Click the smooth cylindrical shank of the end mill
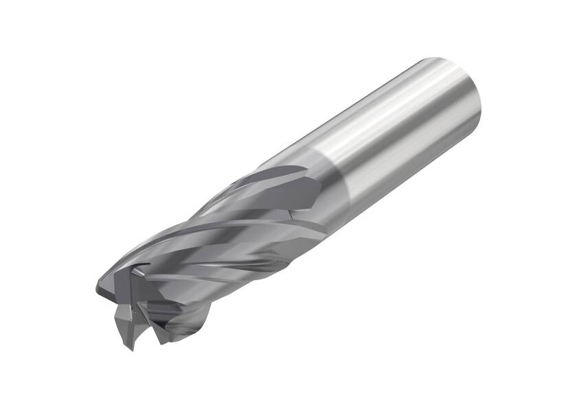(x=398, y=137)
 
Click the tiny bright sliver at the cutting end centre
(x=138, y=273)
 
